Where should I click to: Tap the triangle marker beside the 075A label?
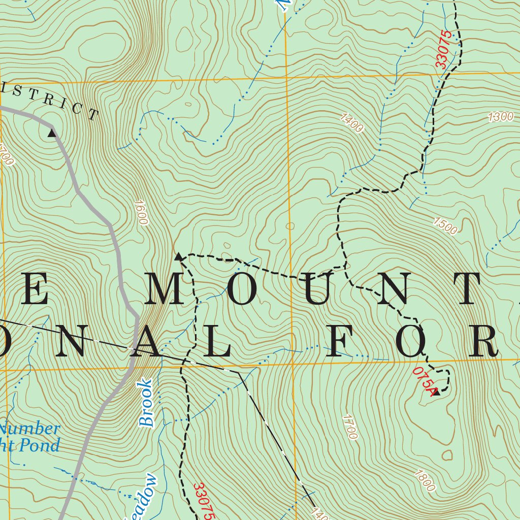435,392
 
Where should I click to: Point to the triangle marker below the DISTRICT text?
51,133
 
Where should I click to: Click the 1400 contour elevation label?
352,123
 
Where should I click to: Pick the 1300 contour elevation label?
501,116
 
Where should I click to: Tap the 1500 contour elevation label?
445,226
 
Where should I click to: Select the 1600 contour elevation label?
141,212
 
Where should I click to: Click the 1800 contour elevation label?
425,481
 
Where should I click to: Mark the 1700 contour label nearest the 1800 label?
349,427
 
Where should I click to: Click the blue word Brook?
146,403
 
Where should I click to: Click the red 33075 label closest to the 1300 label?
443,50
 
